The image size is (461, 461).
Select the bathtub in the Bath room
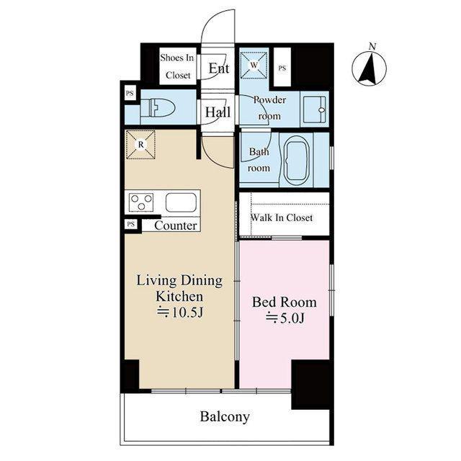pyautogui.click(x=296, y=159)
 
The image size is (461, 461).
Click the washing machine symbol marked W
pyautogui.click(x=254, y=66)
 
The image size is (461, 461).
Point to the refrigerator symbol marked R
pyautogui.click(x=140, y=145)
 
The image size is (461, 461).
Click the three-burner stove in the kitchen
pyautogui.click(x=141, y=202)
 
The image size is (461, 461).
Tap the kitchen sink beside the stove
pyautogui.click(x=181, y=202)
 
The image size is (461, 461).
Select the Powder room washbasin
pyautogui.click(x=315, y=110)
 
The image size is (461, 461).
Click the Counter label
pyautogui.click(x=176, y=225)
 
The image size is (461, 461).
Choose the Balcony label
pyautogui.click(x=225, y=416)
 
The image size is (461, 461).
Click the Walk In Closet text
pyautogui.click(x=282, y=218)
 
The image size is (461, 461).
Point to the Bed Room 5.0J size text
pyautogui.click(x=285, y=318)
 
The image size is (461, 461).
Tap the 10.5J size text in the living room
pyautogui.click(x=180, y=313)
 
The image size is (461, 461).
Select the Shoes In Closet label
pyautogui.click(x=177, y=66)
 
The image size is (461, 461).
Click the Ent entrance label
pyautogui.click(x=219, y=68)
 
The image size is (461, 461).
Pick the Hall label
pyautogui.click(x=218, y=112)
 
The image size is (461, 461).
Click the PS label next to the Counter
pyautogui.click(x=131, y=224)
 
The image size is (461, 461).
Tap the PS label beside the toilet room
pyautogui.click(x=130, y=94)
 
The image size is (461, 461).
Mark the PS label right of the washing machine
pyautogui.click(x=282, y=68)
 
